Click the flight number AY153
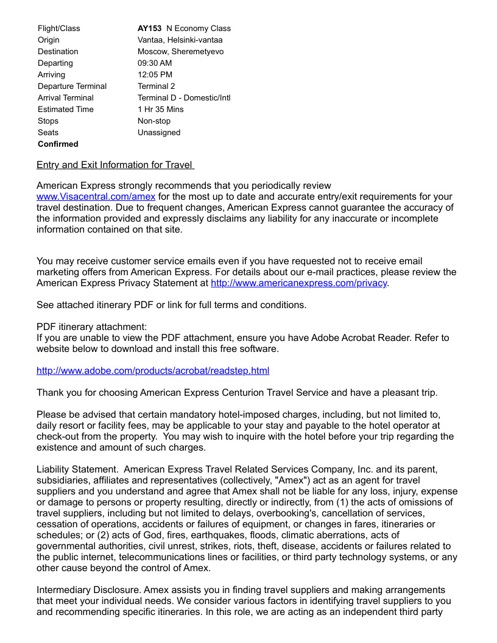(150, 28)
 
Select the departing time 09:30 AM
(155, 63)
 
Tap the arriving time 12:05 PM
(155, 74)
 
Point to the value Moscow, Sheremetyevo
(180, 51)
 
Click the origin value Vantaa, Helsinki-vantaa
(180, 40)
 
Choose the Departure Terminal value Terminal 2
(156, 86)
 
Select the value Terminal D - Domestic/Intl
(184, 97)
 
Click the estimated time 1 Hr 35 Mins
(160, 109)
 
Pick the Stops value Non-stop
(154, 121)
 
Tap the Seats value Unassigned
(159, 132)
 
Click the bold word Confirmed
(58, 144)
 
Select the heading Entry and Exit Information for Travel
(115, 165)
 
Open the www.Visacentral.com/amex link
(96, 197)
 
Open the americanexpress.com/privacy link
(298, 283)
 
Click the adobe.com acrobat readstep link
(153, 371)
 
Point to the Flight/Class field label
(58, 28)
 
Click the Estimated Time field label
(66, 109)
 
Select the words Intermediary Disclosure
(85, 590)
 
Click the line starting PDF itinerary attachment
(91, 327)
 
